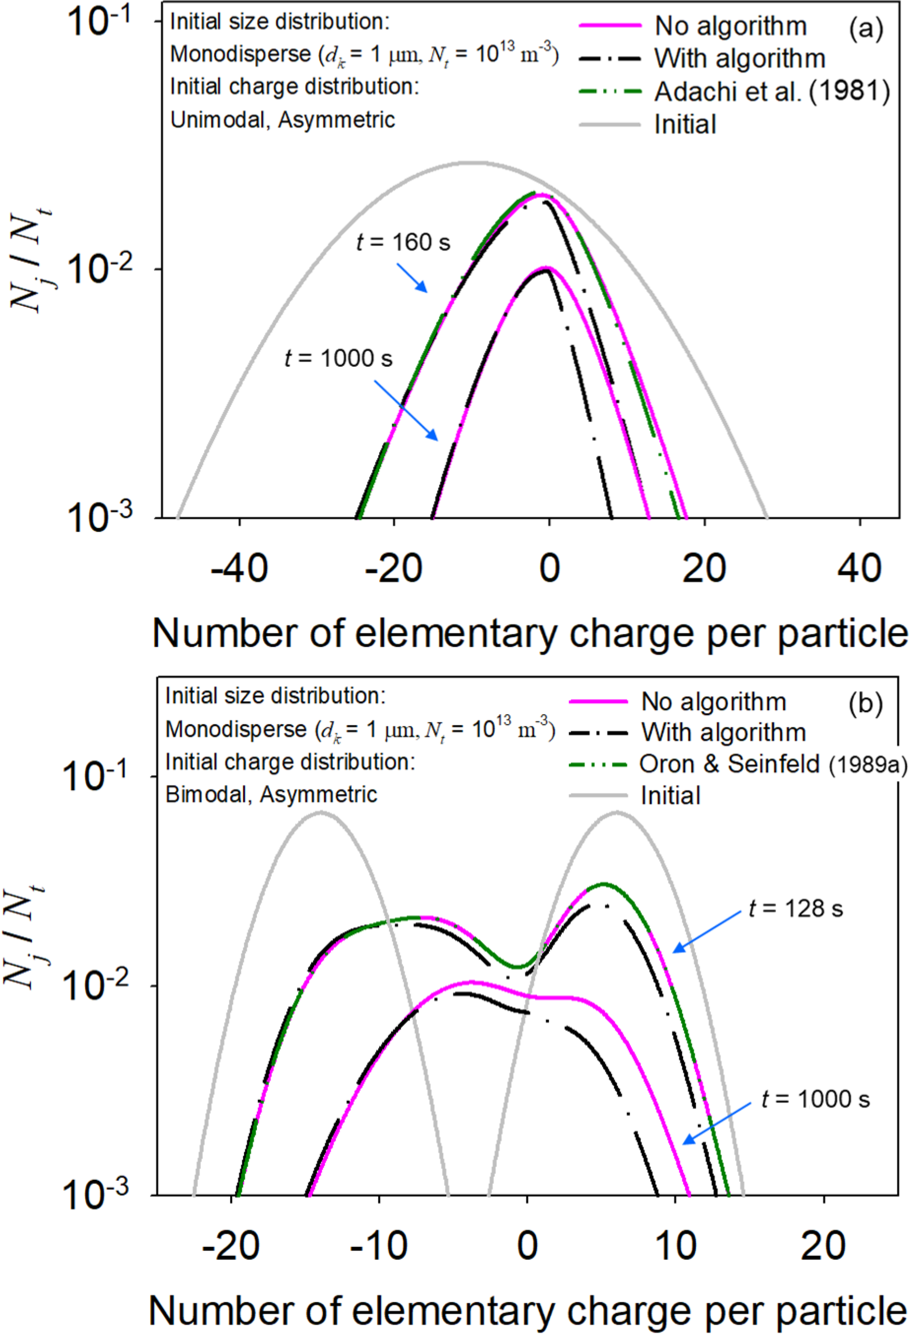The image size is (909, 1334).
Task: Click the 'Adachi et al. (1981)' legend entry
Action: [772, 91]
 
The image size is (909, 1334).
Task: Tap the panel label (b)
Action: [865, 703]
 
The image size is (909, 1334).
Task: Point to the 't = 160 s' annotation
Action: [403, 242]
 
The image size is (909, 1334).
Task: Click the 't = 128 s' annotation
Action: [795, 909]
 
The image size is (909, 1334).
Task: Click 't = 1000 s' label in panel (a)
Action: [339, 359]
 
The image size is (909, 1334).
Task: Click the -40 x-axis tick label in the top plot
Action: [239, 568]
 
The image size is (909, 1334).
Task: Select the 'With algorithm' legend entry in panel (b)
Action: [723, 733]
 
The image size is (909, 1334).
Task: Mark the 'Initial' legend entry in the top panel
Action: [685, 125]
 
